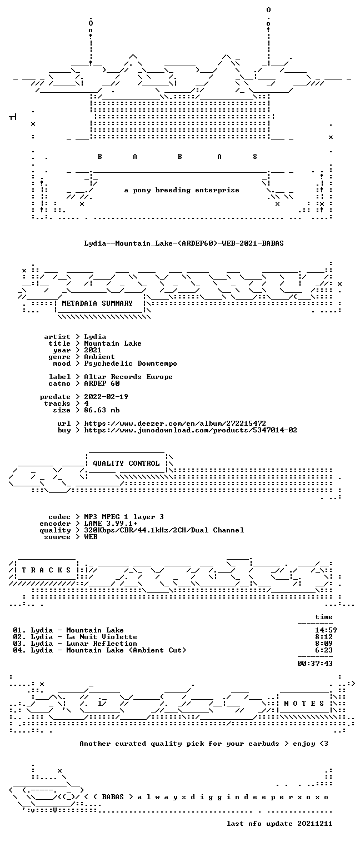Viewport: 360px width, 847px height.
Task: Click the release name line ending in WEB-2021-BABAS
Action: pos(184,243)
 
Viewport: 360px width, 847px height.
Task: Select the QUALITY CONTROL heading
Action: pos(126,463)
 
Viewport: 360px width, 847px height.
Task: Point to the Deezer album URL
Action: pos(174,423)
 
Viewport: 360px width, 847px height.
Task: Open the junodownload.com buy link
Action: pos(190,430)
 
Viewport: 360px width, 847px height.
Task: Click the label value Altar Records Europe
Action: pos(128,377)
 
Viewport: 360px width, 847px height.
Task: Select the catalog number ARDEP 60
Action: pos(102,383)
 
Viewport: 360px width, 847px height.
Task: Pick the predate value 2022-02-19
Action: pos(106,397)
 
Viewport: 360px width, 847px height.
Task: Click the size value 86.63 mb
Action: pos(102,410)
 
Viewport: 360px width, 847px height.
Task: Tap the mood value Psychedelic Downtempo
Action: pos(131,363)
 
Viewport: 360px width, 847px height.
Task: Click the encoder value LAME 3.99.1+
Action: pos(111,524)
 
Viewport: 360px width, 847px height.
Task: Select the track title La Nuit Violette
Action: pos(101,637)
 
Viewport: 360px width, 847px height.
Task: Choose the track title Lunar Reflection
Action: pos(101,643)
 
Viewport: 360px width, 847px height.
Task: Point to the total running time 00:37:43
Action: pos(315,663)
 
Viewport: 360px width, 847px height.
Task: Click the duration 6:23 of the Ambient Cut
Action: pos(324,650)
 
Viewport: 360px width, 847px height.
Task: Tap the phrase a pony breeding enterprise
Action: pos(182,190)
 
